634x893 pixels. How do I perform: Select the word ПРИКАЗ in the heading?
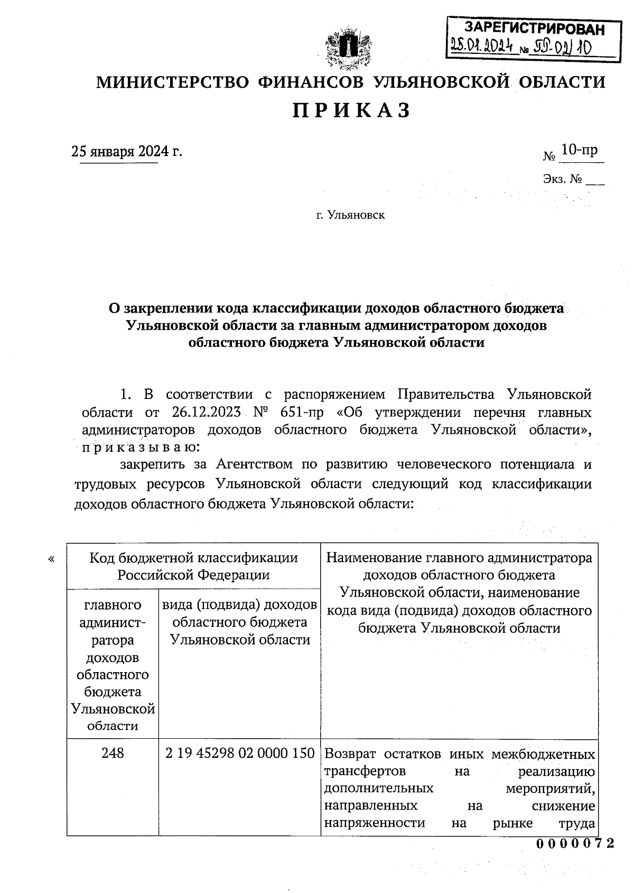(x=351, y=111)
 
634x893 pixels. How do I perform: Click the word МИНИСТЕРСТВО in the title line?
(x=172, y=82)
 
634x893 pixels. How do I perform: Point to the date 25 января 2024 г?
(x=127, y=152)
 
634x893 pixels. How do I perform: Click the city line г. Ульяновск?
(x=350, y=215)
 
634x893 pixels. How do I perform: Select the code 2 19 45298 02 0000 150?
(x=240, y=753)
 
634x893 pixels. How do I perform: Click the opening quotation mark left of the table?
(x=51, y=559)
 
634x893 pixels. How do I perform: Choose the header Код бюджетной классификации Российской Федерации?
(x=193, y=566)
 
